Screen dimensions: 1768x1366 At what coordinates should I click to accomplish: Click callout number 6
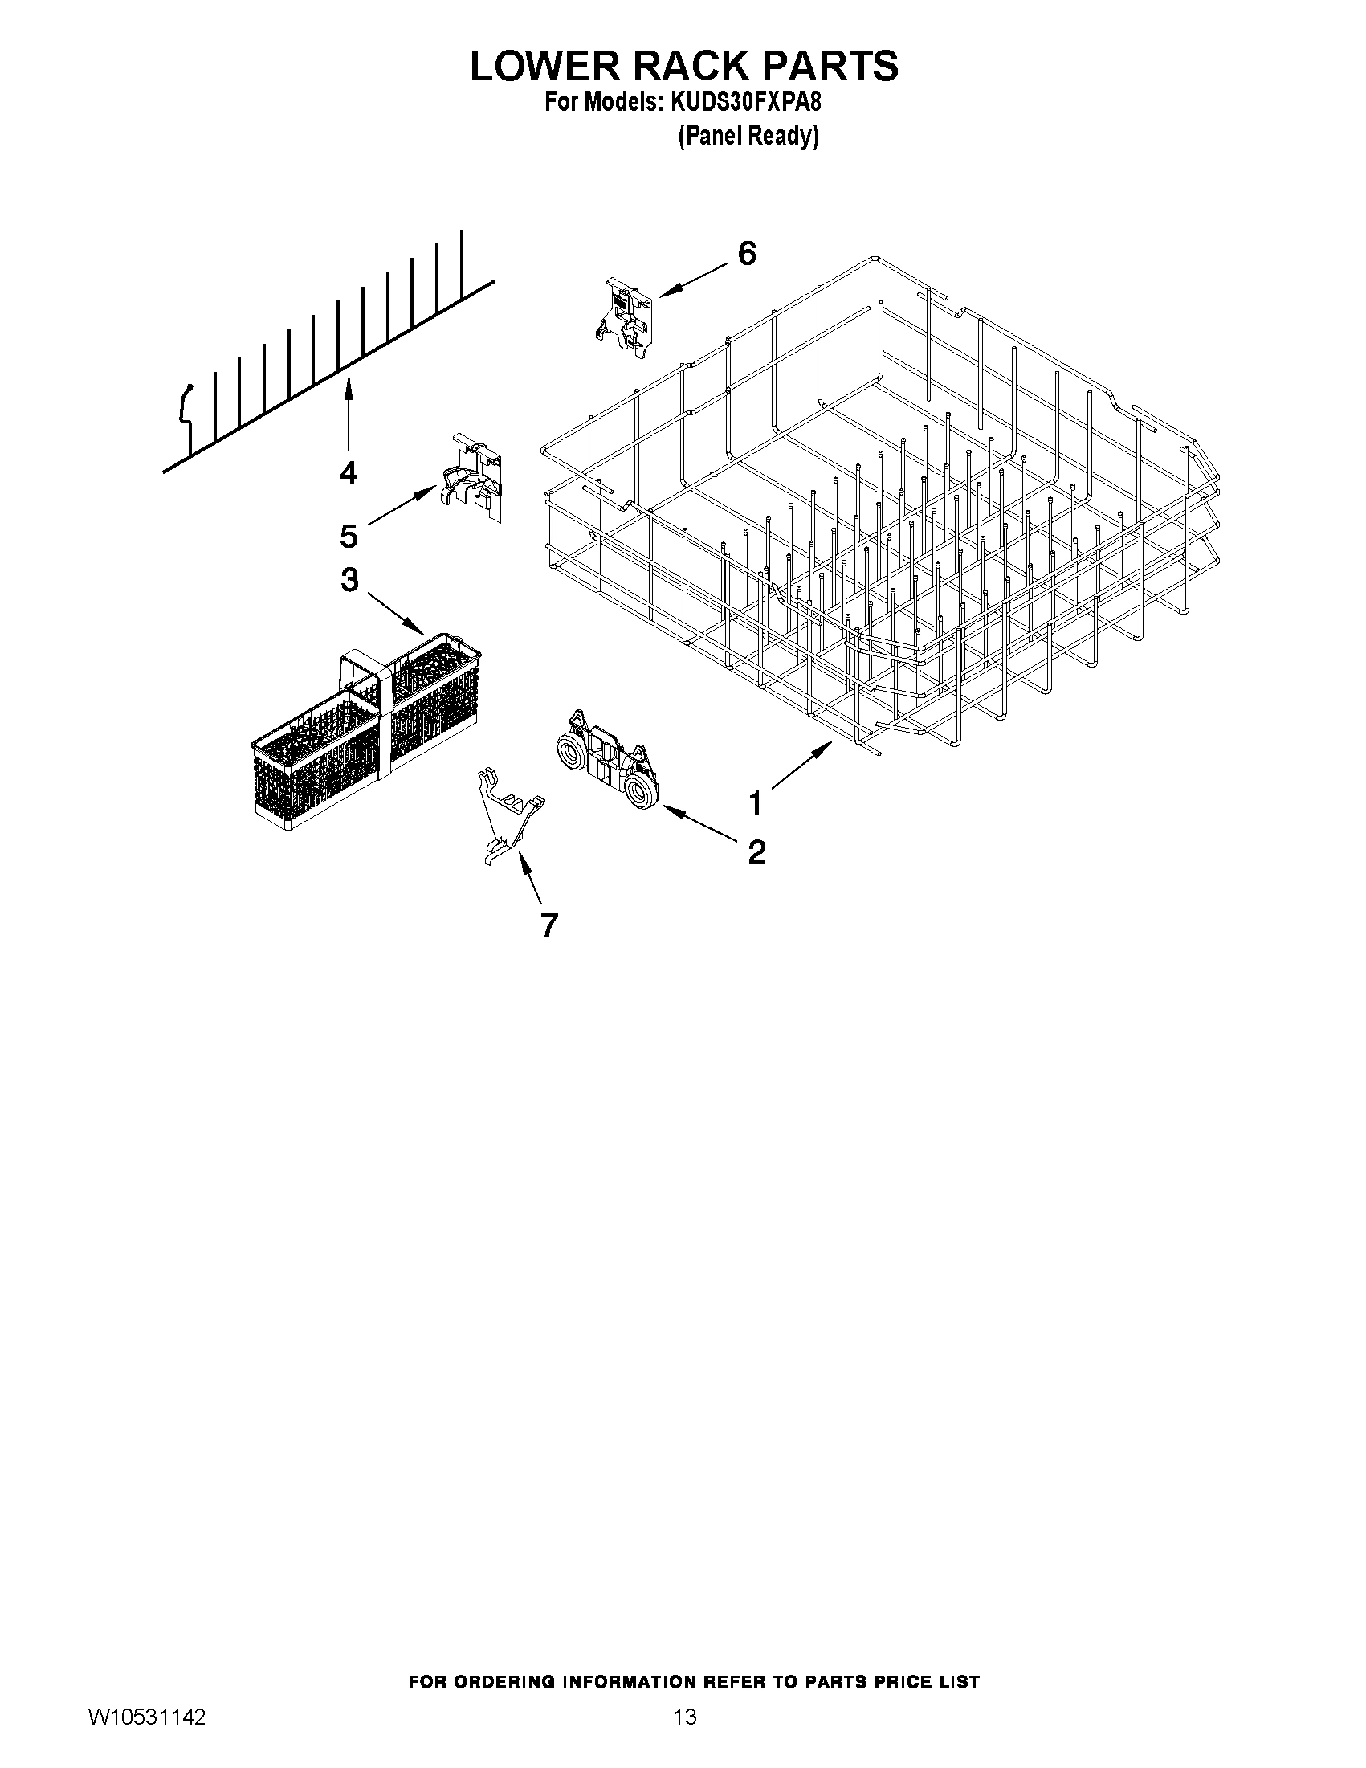pyautogui.click(x=746, y=254)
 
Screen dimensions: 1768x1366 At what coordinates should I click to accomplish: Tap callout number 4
pyautogui.click(x=348, y=472)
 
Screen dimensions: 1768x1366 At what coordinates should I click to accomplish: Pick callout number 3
pyautogui.click(x=349, y=580)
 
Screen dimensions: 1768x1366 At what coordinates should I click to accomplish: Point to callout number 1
pyautogui.click(x=755, y=804)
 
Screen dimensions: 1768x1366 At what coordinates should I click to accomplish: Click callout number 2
pyautogui.click(x=756, y=851)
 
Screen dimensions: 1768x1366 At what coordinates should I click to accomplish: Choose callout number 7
pyautogui.click(x=548, y=925)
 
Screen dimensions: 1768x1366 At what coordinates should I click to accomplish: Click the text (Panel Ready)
pyautogui.click(x=747, y=136)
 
